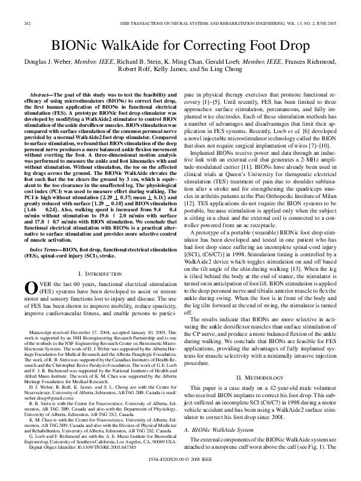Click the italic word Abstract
[41, 96]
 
